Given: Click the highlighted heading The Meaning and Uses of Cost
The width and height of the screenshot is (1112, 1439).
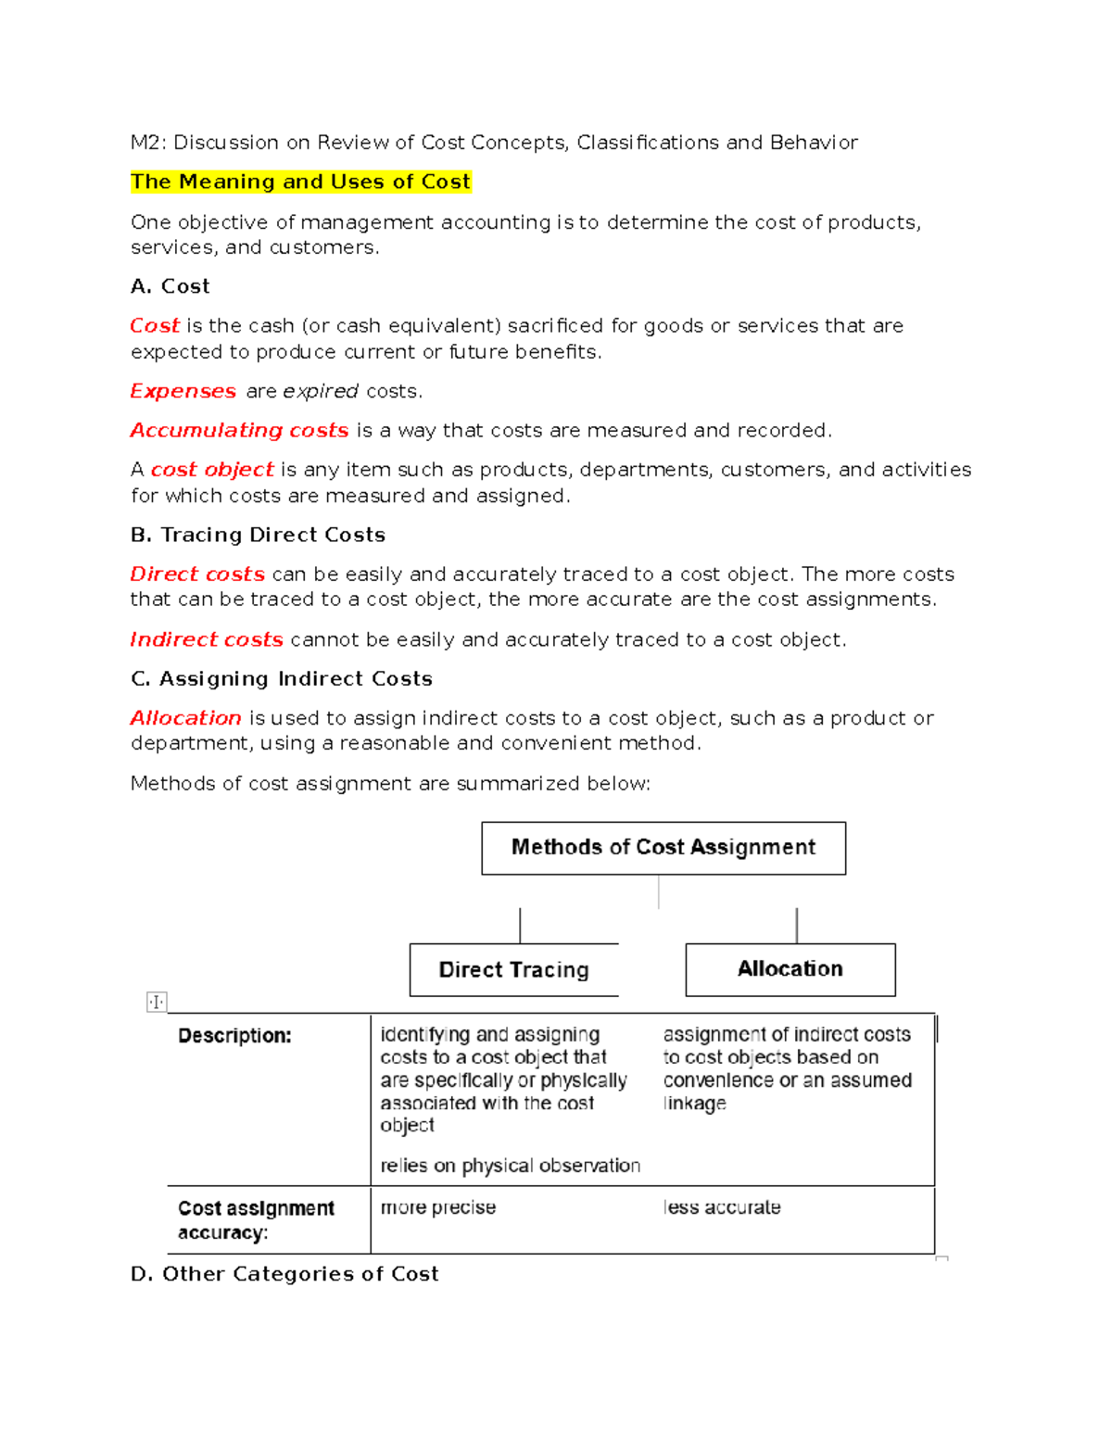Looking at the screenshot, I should (x=300, y=182).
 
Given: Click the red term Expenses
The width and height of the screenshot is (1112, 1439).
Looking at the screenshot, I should (x=183, y=391).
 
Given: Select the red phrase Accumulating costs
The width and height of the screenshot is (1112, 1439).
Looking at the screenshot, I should (x=239, y=430).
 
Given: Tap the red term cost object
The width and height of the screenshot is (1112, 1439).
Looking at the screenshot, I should (x=212, y=470).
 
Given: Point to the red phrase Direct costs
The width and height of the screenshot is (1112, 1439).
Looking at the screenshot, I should (x=197, y=574).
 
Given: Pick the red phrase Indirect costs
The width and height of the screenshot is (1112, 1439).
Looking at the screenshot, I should (x=207, y=639).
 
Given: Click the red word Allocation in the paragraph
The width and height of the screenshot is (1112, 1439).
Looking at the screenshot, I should (x=185, y=718).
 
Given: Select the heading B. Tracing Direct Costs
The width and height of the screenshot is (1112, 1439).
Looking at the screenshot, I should (x=258, y=535).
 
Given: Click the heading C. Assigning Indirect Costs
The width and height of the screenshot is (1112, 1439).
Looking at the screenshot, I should (x=282, y=678).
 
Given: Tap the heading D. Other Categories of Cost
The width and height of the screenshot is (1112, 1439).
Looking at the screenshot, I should (x=284, y=1274).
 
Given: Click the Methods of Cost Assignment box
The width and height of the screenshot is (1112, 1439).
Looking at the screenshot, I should (x=663, y=848).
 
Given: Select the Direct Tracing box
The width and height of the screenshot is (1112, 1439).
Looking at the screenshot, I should (x=513, y=970).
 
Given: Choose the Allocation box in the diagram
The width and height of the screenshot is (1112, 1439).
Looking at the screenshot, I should (x=790, y=969).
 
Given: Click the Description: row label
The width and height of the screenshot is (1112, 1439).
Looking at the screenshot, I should (x=234, y=1036).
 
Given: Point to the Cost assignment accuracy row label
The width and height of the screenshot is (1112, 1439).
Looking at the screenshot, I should (x=255, y=1220).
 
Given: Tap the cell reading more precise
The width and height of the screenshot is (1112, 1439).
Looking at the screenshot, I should (x=438, y=1207).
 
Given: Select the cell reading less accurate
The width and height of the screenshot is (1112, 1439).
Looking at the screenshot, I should (x=722, y=1207).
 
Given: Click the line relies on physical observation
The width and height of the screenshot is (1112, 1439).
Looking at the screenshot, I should (x=510, y=1166).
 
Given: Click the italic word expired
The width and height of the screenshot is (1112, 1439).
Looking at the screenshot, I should (x=321, y=391).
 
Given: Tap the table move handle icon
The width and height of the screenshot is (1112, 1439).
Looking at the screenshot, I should (x=157, y=1002).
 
